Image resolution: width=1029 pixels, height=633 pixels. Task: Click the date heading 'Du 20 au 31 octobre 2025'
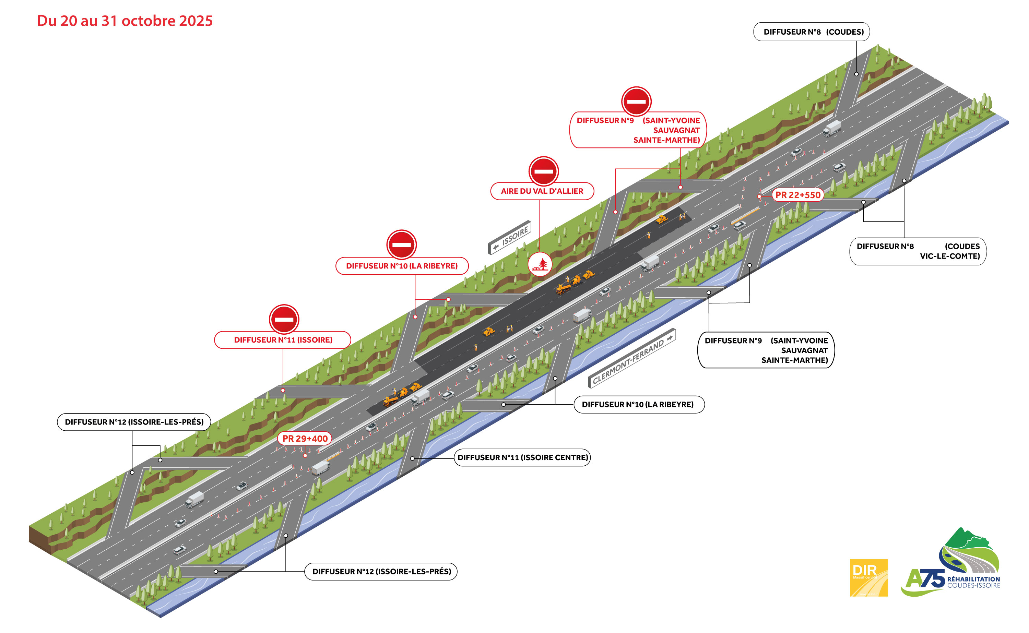tap(125, 21)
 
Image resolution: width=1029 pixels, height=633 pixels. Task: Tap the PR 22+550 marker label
tap(797, 195)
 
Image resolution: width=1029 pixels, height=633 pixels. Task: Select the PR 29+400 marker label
tap(305, 439)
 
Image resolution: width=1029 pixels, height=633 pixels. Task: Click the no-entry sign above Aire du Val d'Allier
tap(543, 171)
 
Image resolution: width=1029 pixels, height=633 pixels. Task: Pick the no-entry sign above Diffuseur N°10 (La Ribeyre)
tap(401, 245)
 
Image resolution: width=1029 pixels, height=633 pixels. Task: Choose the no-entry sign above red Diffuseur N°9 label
tap(636, 101)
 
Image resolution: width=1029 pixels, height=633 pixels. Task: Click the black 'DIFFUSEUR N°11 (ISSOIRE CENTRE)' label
tap(522, 457)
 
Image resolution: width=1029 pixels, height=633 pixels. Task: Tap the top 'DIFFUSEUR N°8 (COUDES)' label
tap(811, 32)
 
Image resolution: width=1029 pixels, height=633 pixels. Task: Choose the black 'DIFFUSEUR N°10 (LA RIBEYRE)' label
tap(638, 404)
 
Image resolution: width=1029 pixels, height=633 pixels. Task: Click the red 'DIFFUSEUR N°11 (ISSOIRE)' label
tap(283, 340)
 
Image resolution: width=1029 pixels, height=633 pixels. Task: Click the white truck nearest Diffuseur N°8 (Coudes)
tap(831, 128)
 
